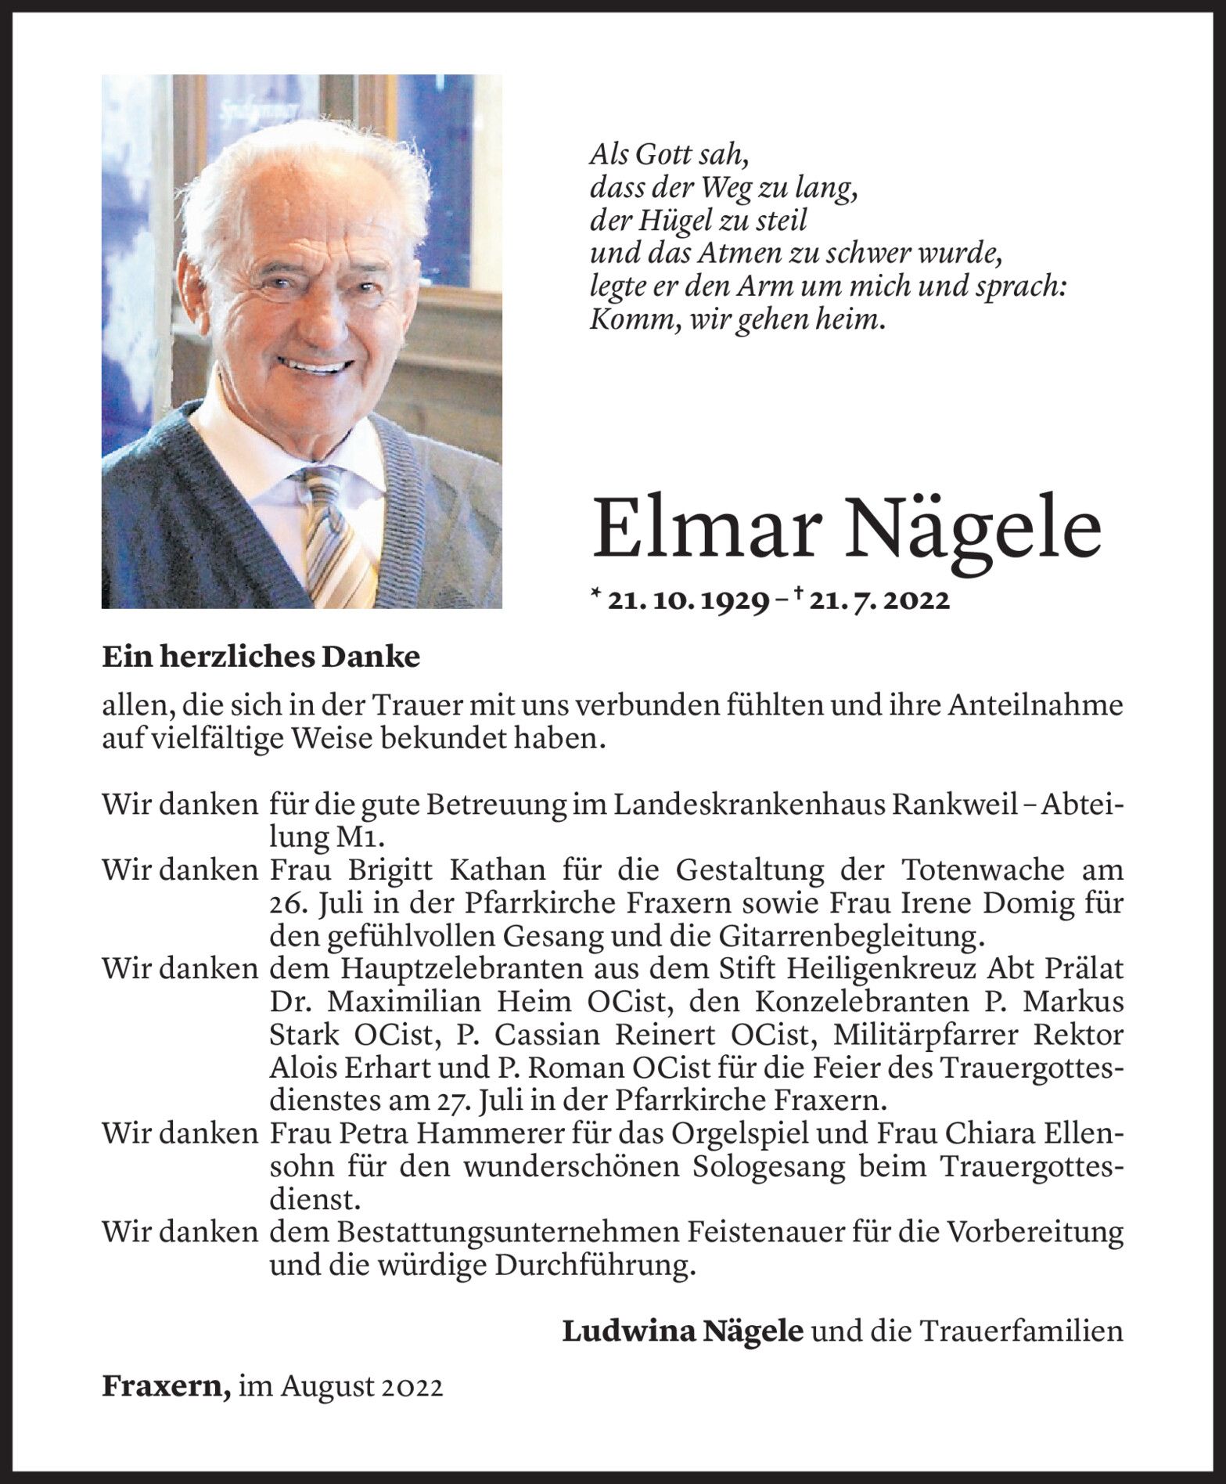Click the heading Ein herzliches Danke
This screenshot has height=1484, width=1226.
261,657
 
